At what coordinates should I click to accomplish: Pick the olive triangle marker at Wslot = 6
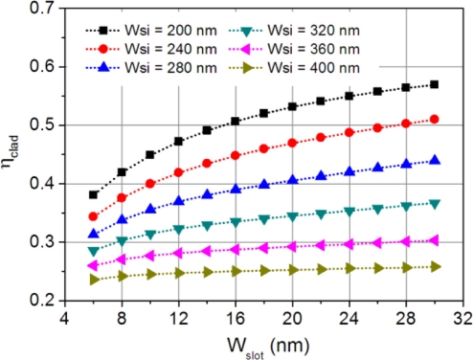tap(94, 280)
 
